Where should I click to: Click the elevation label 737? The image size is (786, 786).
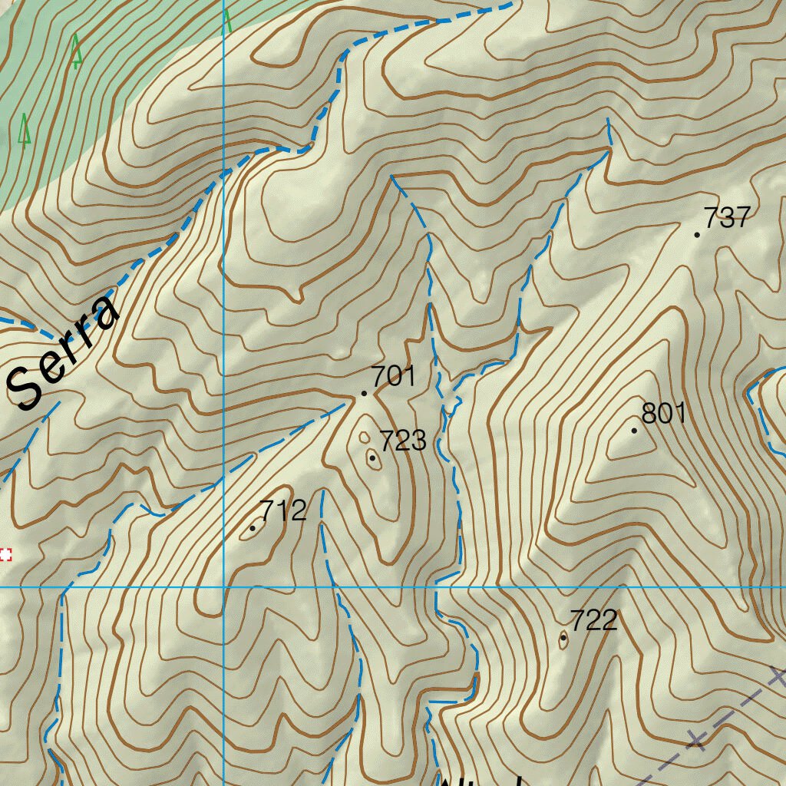pos(726,218)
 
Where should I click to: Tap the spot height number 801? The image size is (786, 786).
pos(663,414)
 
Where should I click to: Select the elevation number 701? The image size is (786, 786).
pos(393,377)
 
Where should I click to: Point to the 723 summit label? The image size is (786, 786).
pos(403,441)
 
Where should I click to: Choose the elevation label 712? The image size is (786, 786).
pos(283,511)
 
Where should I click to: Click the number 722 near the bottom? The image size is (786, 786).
pos(593,620)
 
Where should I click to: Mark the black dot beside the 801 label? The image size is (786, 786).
pos(634,431)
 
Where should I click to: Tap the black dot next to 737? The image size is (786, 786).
pos(697,234)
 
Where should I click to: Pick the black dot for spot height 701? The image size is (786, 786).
pos(364,394)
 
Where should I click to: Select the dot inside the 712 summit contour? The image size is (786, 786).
pos(253,528)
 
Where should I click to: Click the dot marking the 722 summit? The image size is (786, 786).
pos(563,637)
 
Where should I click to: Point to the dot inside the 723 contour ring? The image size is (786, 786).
pos(372,458)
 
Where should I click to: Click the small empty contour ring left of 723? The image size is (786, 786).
pos(364,438)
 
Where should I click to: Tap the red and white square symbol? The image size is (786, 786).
pos(5,554)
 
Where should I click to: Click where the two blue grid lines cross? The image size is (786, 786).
pos(223,587)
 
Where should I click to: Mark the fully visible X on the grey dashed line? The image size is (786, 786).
pos(696,740)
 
